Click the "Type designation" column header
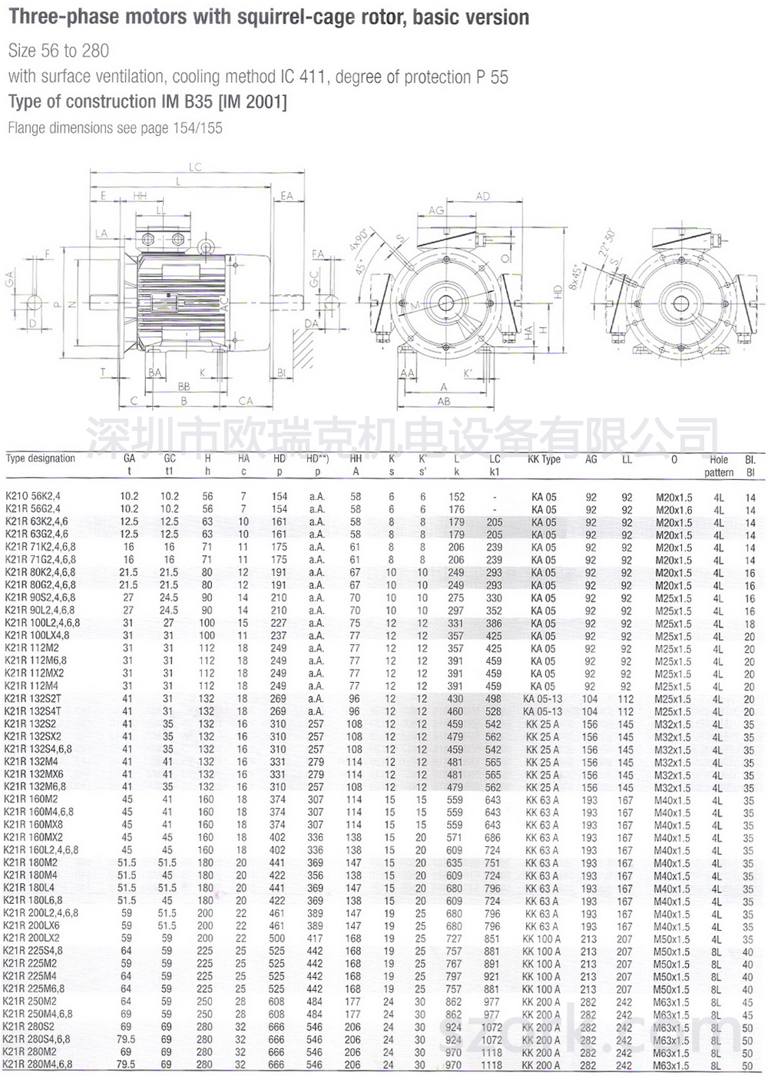[x=41, y=459]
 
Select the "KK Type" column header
[x=544, y=459]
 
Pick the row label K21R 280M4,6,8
[x=38, y=1064]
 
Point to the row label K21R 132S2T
[x=33, y=699]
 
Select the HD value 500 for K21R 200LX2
[x=278, y=938]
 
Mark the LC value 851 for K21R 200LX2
[x=492, y=939]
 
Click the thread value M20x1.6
[x=674, y=509]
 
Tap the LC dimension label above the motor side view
[x=195, y=167]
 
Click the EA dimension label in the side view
[x=286, y=196]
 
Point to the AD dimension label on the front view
[x=482, y=197]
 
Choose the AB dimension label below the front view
[x=444, y=401]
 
